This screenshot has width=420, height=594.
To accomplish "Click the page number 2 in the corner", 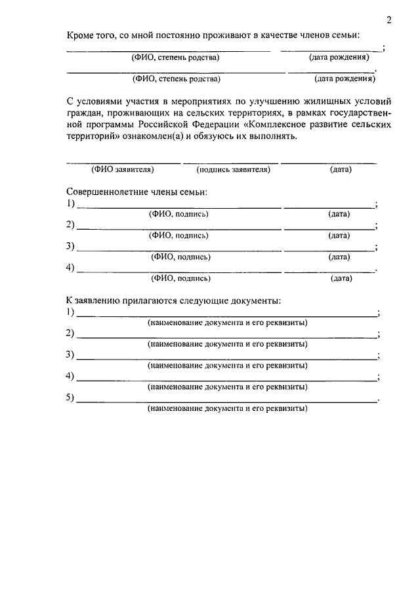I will (x=388, y=20).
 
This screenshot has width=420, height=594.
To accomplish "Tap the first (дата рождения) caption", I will (x=338, y=57).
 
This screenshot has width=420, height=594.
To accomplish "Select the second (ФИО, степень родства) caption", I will (x=177, y=79).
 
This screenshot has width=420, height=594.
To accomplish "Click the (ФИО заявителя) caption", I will (x=122, y=169).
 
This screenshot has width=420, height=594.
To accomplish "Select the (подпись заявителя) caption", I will (x=233, y=169).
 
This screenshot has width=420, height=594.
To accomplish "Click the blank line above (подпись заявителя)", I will (x=231, y=162).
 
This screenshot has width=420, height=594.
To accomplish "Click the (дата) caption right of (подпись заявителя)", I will (x=341, y=169).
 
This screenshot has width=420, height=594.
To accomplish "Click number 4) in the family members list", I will (x=71, y=268).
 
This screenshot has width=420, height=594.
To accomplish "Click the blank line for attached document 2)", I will (x=227, y=336).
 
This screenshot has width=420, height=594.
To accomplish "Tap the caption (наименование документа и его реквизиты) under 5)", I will (x=227, y=408).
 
